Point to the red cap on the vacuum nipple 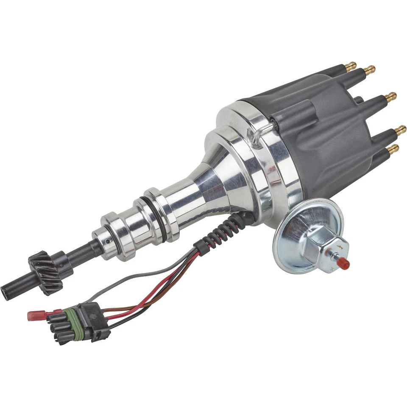point(344,264)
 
